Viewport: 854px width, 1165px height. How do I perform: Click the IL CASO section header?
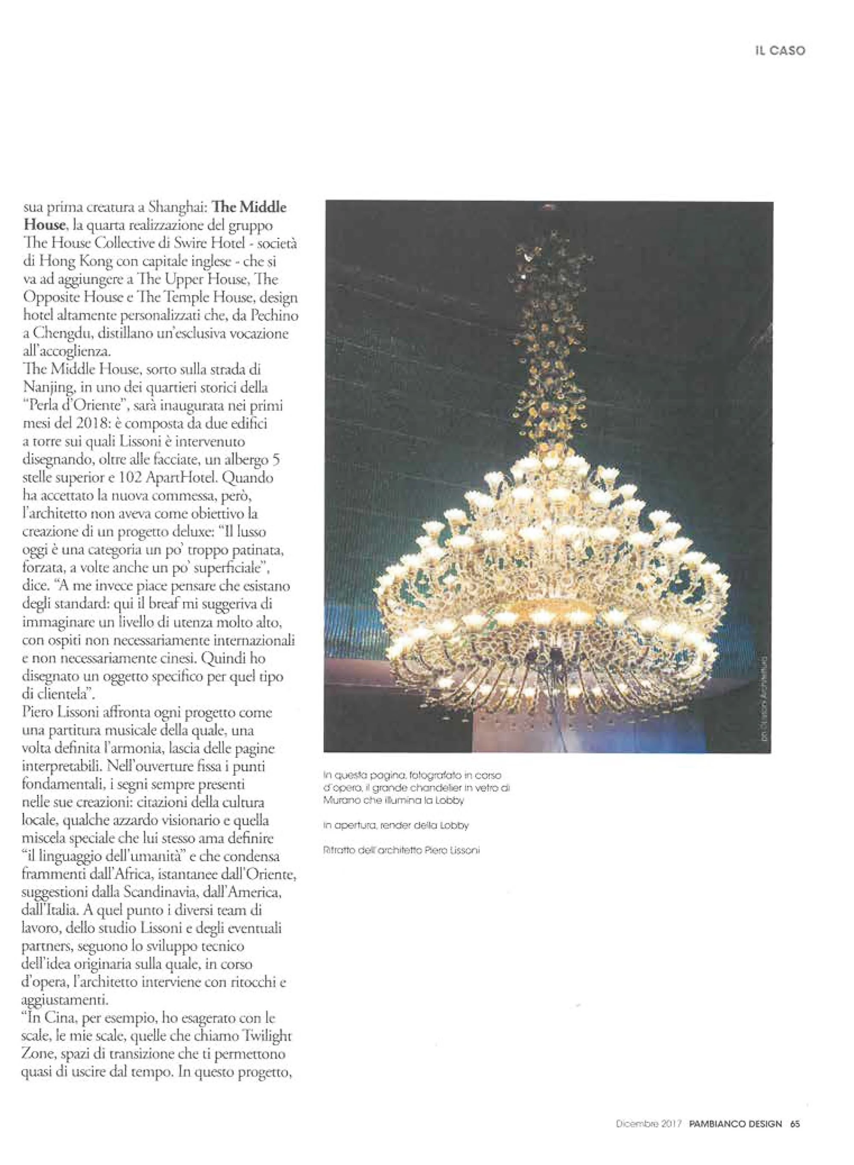(779, 51)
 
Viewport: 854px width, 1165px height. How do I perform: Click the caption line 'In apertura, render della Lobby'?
(395, 826)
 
